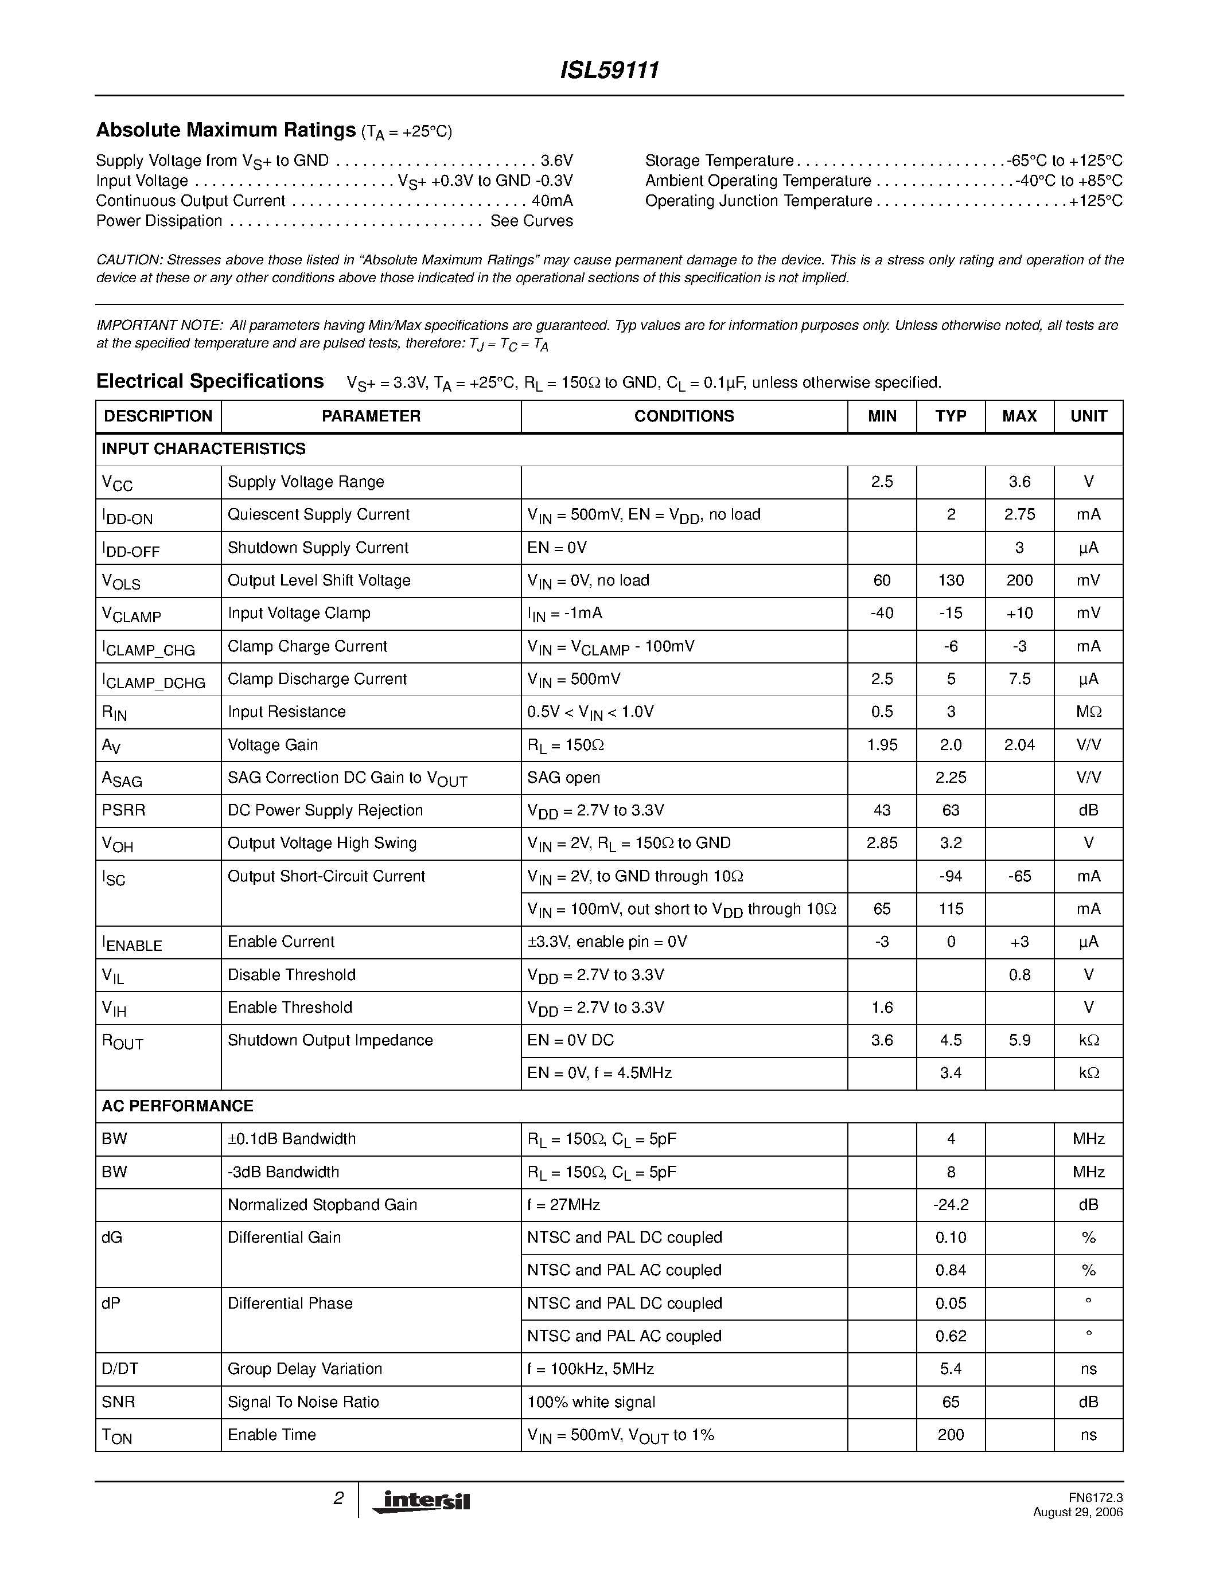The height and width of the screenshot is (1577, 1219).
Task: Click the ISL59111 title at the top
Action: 609,71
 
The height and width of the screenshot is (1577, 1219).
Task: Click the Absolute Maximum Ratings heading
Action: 225,130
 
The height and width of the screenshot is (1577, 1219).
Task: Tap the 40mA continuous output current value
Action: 552,201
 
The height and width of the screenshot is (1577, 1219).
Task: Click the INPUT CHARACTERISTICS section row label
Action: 204,449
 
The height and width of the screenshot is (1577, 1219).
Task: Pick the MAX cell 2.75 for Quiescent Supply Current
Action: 1019,515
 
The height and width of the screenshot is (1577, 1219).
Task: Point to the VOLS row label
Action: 121,581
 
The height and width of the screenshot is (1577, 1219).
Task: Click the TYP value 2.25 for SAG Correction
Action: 951,778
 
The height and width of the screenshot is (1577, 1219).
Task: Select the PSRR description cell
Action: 123,810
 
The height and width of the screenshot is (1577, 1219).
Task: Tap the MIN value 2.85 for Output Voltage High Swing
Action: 882,844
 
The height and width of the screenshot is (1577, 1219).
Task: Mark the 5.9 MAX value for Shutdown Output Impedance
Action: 1019,1040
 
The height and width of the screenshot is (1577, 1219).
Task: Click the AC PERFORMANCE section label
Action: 178,1106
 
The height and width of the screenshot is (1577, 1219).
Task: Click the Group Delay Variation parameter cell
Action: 305,1369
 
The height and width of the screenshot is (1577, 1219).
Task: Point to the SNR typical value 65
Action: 951,1402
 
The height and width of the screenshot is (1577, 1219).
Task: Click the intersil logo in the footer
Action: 421,1501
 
